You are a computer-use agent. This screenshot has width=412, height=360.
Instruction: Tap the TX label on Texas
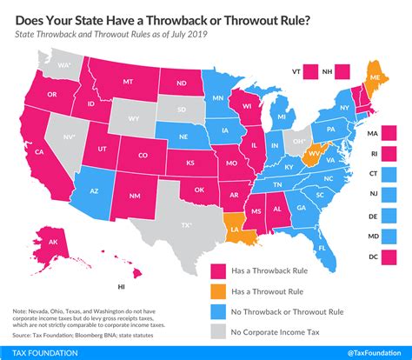185,224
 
